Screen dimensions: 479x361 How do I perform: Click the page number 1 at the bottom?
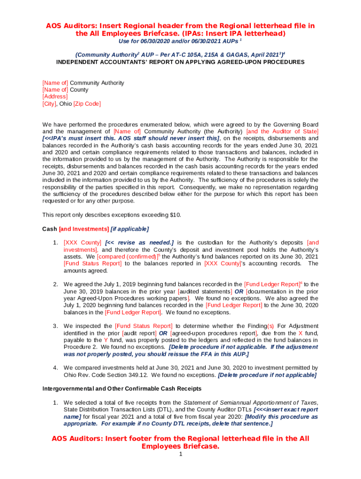pos(180,454)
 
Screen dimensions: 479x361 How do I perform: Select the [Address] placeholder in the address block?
pos(55,97)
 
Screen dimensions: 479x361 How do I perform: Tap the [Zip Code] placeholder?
pos(87,104)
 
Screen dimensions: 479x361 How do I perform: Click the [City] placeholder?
pos(49,104)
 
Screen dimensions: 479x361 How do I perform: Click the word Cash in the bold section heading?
pos(50,229)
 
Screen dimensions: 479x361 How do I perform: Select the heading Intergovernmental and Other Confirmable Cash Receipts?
pos(122,389)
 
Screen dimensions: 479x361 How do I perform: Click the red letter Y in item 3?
pos(106,340)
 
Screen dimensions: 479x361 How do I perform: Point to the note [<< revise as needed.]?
pos(139,243)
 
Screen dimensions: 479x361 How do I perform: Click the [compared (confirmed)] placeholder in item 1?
pos(127,257)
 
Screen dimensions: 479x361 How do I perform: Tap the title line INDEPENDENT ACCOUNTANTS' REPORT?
pos(180,62)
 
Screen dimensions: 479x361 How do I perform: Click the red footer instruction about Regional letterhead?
pos(180,443)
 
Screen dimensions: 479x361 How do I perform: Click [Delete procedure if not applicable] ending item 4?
pos(267,375)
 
